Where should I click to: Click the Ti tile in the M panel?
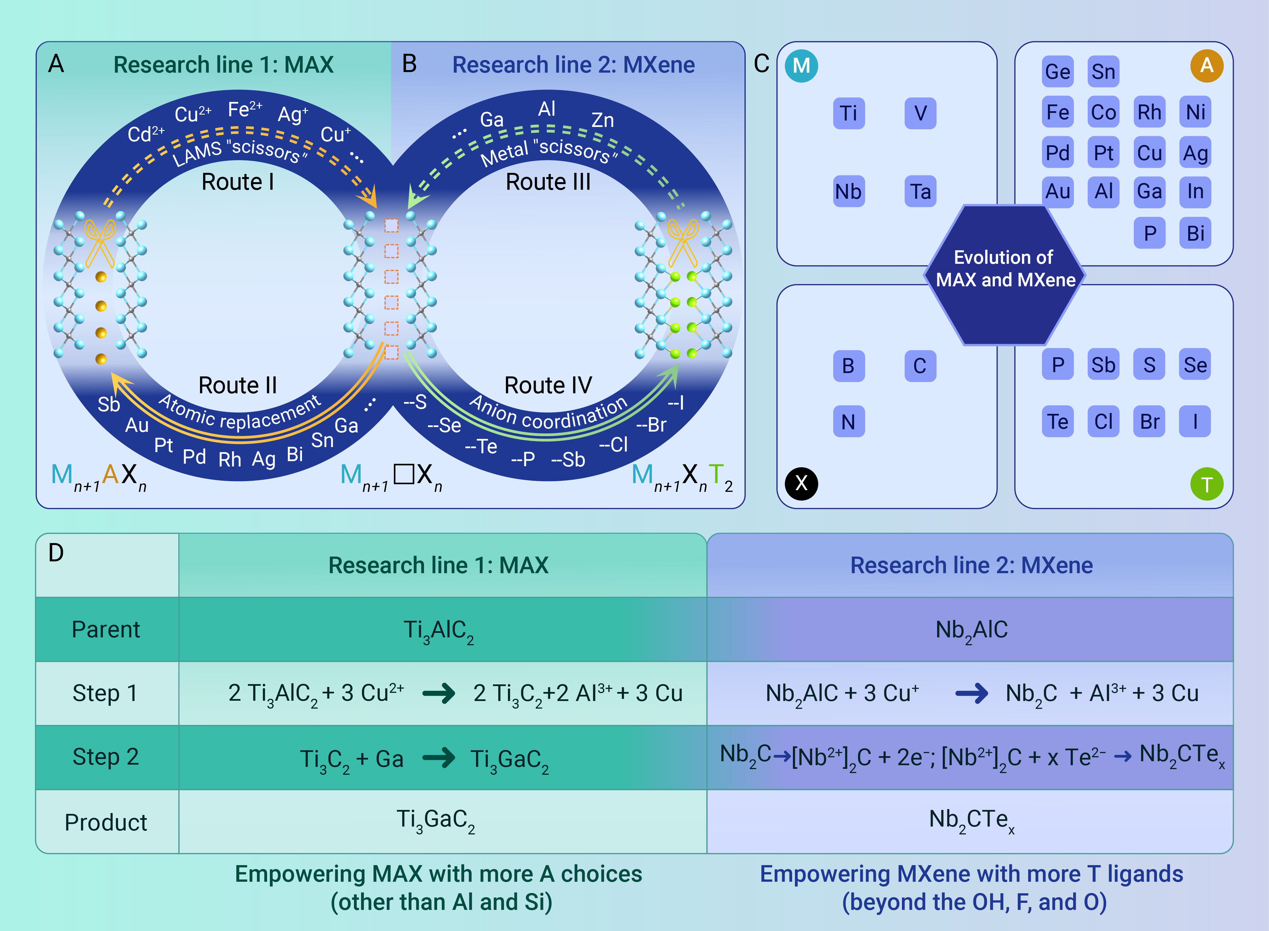pos(848,113)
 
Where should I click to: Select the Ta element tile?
pos(920,192)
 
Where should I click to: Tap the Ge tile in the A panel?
pos(1058,72)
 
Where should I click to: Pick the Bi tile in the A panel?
pos(1195,233)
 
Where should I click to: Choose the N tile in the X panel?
pos(848,421)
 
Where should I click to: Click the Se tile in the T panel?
pos(1195,365)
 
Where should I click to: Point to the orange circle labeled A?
pos(1206,65)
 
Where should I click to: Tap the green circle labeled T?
pos(1206,484)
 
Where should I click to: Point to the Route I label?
pos(238,182)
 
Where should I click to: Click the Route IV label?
pos(548,385)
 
